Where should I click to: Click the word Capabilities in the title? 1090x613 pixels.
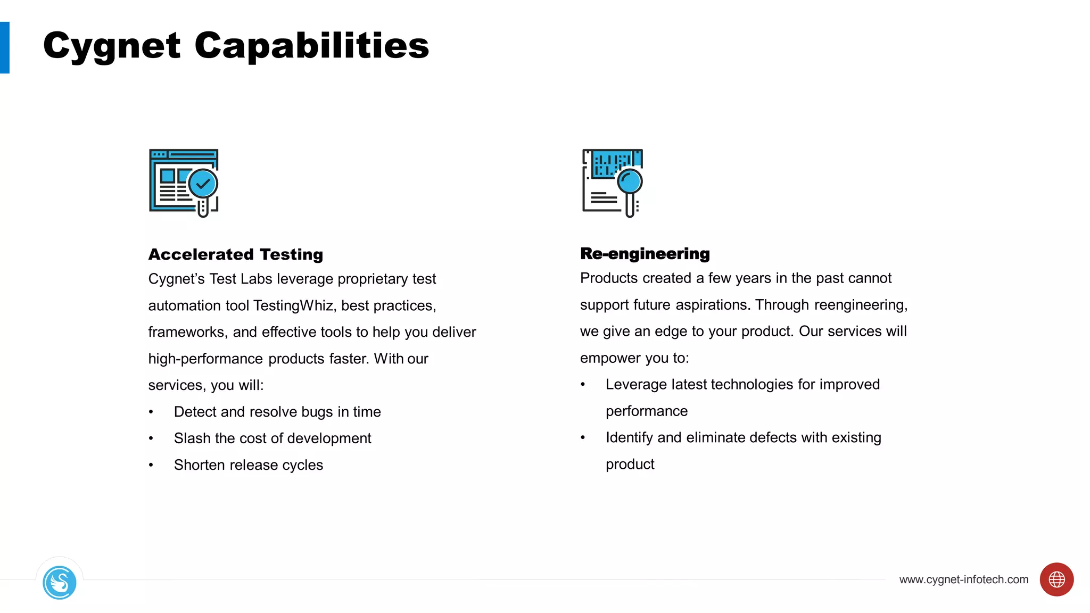click(x=311, y=46)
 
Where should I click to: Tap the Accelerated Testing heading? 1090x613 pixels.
click(x=236, y=254)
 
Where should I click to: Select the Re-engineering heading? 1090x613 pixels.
click(x=645, y=254)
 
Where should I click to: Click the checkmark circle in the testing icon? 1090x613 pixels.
click(x=203, y=184)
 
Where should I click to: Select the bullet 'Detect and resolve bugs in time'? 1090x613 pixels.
click(x=277, y=412)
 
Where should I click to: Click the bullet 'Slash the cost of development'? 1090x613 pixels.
click(x=272, y=438)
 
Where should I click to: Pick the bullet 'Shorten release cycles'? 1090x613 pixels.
click(x=248, y=465)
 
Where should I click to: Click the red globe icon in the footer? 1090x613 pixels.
click(x=1056, y=579)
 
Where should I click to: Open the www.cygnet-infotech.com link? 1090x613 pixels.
click(x=963, y=579)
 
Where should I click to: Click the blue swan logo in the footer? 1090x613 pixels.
click(x=60, y=583)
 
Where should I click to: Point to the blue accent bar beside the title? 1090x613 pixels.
click(x=5, y=47)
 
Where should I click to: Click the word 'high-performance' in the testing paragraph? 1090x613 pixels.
click(x=205, y=359)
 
